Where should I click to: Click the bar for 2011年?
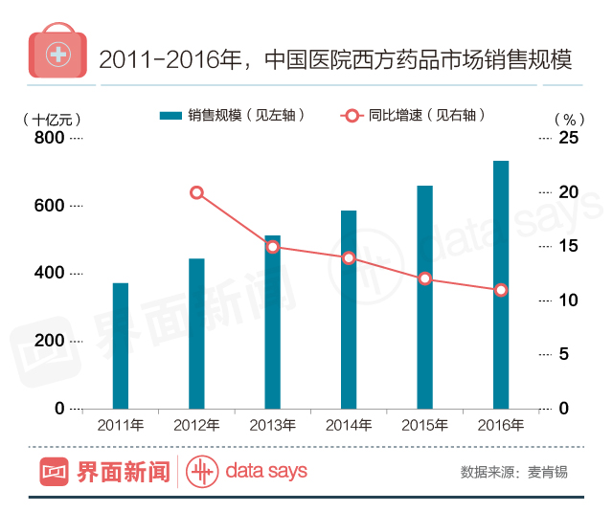point(120,345)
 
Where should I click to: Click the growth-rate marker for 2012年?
point(196,192)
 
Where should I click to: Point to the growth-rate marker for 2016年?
point(501,290)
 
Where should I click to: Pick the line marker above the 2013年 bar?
point(273,247)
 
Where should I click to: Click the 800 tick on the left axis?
point(50,139)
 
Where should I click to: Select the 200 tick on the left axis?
point(50,341)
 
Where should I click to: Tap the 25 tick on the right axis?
point(569,139)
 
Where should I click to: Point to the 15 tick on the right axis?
point(569,247)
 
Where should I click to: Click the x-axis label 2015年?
point(425,424)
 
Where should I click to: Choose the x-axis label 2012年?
point(196,424)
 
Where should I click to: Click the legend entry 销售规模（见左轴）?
point(234,115)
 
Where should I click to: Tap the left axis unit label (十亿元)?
point(51,120)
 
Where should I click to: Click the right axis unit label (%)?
point(569,120)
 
